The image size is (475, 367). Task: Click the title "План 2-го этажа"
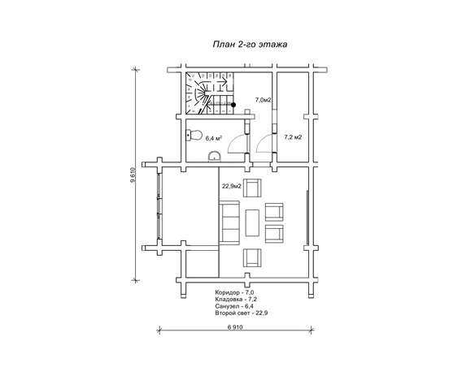250,45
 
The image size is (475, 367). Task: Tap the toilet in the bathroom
194,135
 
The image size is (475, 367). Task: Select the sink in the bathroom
215,156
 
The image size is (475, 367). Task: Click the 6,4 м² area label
214,139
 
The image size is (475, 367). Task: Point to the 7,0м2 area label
263,100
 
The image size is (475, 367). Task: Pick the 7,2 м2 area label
293,137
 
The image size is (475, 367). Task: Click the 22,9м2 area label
232,186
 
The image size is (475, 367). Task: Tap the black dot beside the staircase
233,105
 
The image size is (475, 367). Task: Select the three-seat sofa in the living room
229,222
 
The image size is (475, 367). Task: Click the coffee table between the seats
252,222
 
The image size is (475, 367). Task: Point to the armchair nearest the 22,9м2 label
252,188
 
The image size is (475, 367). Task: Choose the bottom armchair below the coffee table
252,257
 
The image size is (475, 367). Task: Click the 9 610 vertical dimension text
132,175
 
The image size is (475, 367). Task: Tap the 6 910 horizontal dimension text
235,327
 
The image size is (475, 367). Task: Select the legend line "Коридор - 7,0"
234,292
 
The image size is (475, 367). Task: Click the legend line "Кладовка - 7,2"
236,300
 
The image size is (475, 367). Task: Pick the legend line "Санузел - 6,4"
234,306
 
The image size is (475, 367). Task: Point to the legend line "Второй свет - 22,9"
242,313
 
